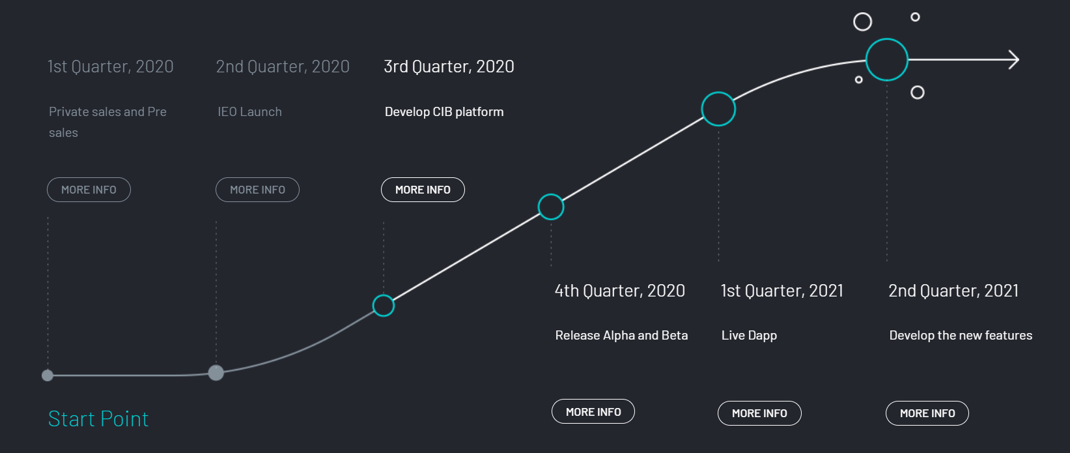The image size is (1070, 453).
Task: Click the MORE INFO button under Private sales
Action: pyautogui.click(x=89, y=190)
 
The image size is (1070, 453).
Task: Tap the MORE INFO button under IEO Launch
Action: pyautogui.click(x=257, y=190)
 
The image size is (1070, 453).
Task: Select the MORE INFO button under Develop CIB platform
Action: pyautogui.click(x=423, y=190)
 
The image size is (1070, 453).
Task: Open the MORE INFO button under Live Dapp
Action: pyautogui.click(x=759, y=413)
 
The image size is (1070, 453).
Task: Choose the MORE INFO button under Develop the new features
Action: pyautogui.click(x=927, y=413)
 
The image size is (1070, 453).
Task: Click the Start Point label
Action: pyautogui.click(x=98, y=419)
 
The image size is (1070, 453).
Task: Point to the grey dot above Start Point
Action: pyautogui.click(x=48, y=375)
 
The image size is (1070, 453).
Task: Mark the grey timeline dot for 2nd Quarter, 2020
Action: pyautogui.click(x=216, y=373)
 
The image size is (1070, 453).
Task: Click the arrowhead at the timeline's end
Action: pyautogui.click(x=1019, y=60)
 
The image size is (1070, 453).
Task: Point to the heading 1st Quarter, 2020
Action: pyautogui.click(x=110, y=66)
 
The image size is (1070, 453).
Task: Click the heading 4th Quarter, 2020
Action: pyautogui.click(x=619, y=291)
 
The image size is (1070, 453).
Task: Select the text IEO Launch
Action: pyautogui.click(x=249, y=112)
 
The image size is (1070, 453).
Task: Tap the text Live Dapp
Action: pyautogui.click(x=749, y=336)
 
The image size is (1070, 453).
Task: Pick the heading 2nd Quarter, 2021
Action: pyautogui.click(x=953, y=291)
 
